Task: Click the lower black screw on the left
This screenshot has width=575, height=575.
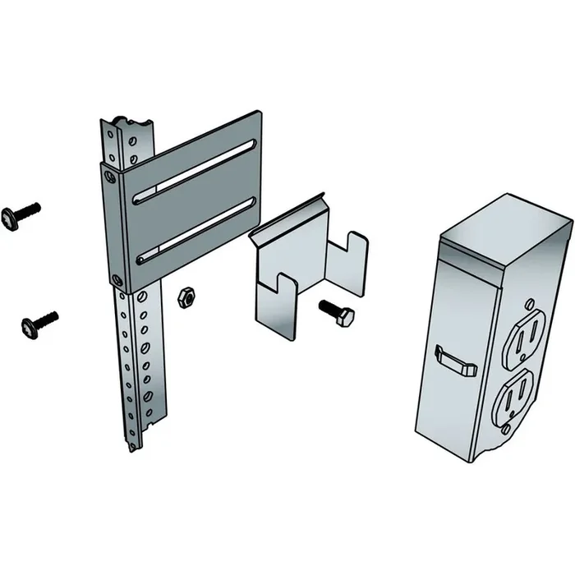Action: [x=39, y=323]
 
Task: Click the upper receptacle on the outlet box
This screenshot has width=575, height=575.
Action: [x=522, y=338]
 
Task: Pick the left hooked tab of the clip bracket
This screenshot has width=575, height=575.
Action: [x=275, y=308]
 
